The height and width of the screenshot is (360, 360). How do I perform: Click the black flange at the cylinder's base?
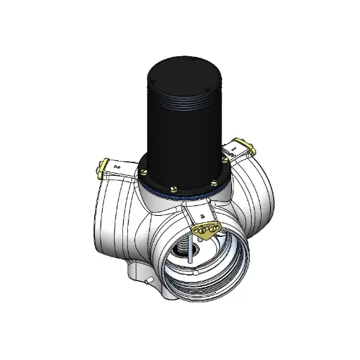(x=184, y=176)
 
